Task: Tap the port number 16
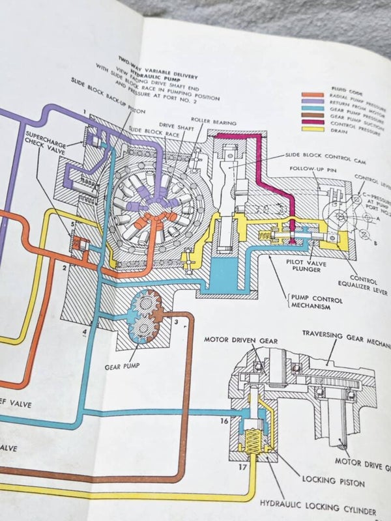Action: (x=224, y=421)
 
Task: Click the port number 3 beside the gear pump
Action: (x=175, y=321)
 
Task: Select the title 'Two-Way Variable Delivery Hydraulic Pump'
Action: (x=157, y=64)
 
